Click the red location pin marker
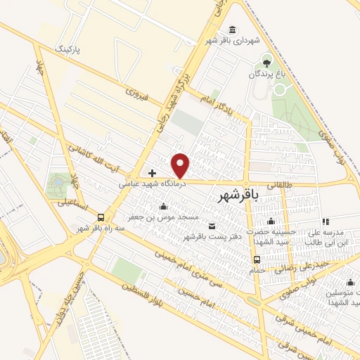pyautogui.click(x=181, y=166)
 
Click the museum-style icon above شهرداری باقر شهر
pyautogui.click(x=232, y=29)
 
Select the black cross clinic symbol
pyautogui.click(x=151, y=172)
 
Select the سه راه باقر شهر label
pyautogui.click(x=101, y=228)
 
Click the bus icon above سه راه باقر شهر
pyautogui.click(x=101, y=217)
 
